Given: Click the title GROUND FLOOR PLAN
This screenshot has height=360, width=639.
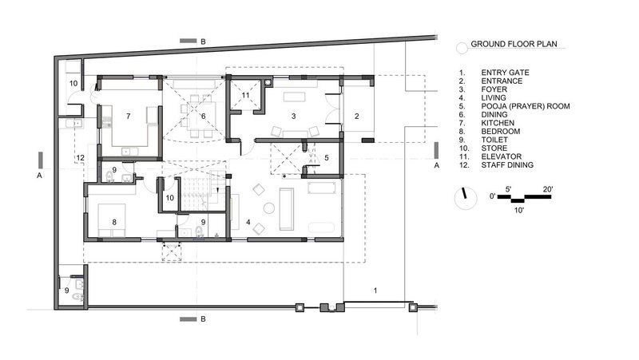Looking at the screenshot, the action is click(x=514, y=44).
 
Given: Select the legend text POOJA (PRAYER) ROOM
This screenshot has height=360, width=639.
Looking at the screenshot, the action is click(x=526, y=106).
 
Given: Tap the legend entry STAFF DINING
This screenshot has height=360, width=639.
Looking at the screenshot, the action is click(x=507, y=165).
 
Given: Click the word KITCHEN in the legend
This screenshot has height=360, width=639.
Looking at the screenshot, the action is click(x=498, y=123).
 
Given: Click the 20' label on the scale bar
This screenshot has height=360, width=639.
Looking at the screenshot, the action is click(x=548, y=189).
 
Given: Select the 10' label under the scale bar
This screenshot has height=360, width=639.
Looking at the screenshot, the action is click(x=518, y=210).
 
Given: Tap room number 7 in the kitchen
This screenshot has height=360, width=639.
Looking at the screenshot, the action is click(x=129, y=116).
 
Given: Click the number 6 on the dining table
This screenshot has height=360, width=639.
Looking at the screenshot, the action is click(x=203, y=116).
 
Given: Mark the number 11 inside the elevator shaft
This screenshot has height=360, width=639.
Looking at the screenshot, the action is click(x=245, y=95).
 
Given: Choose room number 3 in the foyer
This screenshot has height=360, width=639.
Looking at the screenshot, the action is click(x=293, y=116).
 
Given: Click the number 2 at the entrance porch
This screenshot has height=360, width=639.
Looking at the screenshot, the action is click(x=356, y=116).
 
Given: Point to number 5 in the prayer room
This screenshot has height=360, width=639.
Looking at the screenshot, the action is click(x=327, y=157).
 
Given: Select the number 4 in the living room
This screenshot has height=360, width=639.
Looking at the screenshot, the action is click(x=248, y=222).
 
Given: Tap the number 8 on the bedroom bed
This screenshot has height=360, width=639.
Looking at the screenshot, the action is click(x=114, y=222).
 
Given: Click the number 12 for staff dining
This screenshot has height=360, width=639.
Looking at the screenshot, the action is click(x=81, y=157).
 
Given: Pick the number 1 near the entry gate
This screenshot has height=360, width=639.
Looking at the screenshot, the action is click(x=375, y=291).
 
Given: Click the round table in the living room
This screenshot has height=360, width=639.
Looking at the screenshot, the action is click(x=269, y=208).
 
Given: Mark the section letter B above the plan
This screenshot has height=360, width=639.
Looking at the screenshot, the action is click(x=203, y=42).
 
